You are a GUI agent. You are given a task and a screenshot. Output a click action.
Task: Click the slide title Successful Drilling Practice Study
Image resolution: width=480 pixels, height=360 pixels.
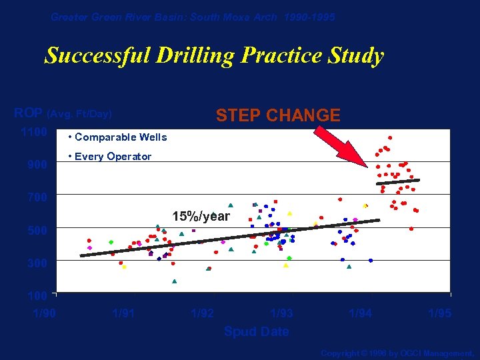point(214,55)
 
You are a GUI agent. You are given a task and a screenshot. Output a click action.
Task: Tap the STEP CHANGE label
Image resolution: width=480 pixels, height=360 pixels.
point(278,116)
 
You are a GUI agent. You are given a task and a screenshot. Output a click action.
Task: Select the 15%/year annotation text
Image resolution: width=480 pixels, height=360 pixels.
point(201,217)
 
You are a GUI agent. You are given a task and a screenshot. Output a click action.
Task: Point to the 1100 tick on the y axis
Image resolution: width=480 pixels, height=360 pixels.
point(34,132)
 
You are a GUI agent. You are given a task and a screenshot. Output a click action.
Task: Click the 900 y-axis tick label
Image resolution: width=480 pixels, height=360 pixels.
point(37,165)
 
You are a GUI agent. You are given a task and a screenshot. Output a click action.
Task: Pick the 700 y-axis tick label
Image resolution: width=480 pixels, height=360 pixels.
point(37,197)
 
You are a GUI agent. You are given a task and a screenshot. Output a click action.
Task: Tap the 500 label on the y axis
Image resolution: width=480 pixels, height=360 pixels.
point(37,231)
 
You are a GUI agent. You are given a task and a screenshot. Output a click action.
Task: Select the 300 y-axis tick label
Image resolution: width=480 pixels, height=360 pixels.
point(37,263)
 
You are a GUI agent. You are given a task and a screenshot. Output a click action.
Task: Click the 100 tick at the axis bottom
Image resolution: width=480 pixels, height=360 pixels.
point(37,295)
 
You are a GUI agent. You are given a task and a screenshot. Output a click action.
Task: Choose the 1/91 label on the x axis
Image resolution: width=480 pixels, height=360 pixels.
point(124,313)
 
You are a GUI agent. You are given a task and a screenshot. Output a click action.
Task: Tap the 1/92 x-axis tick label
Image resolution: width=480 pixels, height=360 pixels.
point(203,313)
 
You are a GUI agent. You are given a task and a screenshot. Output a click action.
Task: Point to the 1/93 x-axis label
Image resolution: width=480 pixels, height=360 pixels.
point(281,313)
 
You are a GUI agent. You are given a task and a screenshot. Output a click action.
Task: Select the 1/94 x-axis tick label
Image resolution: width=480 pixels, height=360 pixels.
point(361,313)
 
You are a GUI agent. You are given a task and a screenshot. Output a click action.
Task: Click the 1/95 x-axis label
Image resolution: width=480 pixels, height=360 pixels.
point(439,313)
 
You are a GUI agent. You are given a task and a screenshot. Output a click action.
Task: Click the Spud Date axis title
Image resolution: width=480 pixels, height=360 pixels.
point(257,331)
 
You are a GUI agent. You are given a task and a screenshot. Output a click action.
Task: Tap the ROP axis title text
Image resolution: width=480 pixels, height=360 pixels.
point(63,113)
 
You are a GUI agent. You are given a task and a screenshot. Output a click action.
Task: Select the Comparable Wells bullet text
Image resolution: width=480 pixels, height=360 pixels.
point(118,137)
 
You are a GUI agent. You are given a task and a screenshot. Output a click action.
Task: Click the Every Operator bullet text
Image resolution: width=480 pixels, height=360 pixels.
point(110,157)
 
